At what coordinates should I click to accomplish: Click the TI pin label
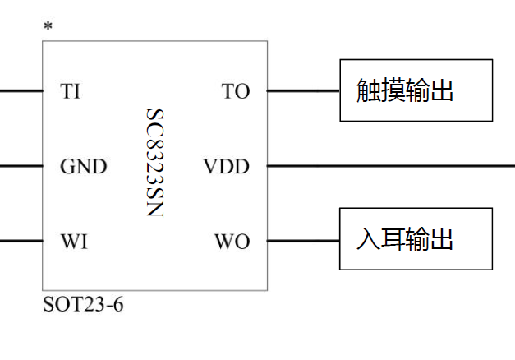70,91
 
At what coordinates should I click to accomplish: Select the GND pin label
83,167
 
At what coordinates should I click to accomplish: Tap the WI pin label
74,242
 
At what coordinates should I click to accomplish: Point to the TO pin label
235,91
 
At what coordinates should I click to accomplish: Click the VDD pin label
226,167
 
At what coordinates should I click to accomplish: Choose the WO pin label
232,242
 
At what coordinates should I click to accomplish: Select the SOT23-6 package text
83,305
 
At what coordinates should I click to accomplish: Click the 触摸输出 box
416,90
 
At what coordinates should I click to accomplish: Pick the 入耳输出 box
416,239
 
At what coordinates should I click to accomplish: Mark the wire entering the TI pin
21,90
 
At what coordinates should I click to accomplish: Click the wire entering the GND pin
21,166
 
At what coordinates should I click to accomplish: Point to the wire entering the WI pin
21,242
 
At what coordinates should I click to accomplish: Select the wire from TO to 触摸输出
303,90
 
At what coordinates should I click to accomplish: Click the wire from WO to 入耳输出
303,242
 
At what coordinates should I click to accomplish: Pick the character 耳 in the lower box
393,240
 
